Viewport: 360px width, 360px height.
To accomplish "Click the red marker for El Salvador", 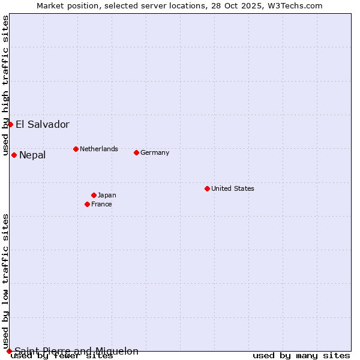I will [x=10, y=124].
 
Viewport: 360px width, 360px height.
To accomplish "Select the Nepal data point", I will [x=14, y=155].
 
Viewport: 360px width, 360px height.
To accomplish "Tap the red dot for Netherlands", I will [x=76, y=149].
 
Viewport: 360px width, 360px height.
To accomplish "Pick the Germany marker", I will [x=136, y=152].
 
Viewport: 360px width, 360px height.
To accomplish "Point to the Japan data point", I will [x=94, y=195].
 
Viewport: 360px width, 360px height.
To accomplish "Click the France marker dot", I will [x=87, y=204].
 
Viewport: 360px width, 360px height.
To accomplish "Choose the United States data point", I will [x=207, y=188].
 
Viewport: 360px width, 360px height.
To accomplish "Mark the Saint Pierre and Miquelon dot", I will [x=9, y=351].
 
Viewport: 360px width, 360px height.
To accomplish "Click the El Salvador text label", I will [x=43, y=125].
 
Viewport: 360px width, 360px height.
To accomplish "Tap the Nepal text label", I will [x=32, y=155].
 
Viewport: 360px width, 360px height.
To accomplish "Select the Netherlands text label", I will [x=99, y=149].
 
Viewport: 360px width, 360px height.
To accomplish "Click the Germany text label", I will [x=155, y=152].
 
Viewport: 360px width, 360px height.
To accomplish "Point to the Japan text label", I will [x=107, y=195].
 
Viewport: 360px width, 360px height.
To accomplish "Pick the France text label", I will [x=101, y=204].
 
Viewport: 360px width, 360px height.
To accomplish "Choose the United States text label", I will [x=233, y=188].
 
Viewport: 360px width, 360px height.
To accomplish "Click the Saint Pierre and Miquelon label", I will [x=76, y=351].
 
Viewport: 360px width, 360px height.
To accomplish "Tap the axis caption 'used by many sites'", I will [x=301, y=356].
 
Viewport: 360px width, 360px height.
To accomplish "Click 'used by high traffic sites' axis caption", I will [x=5, y=85].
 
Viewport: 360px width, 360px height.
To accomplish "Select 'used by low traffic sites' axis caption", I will [x=5, y=281].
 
